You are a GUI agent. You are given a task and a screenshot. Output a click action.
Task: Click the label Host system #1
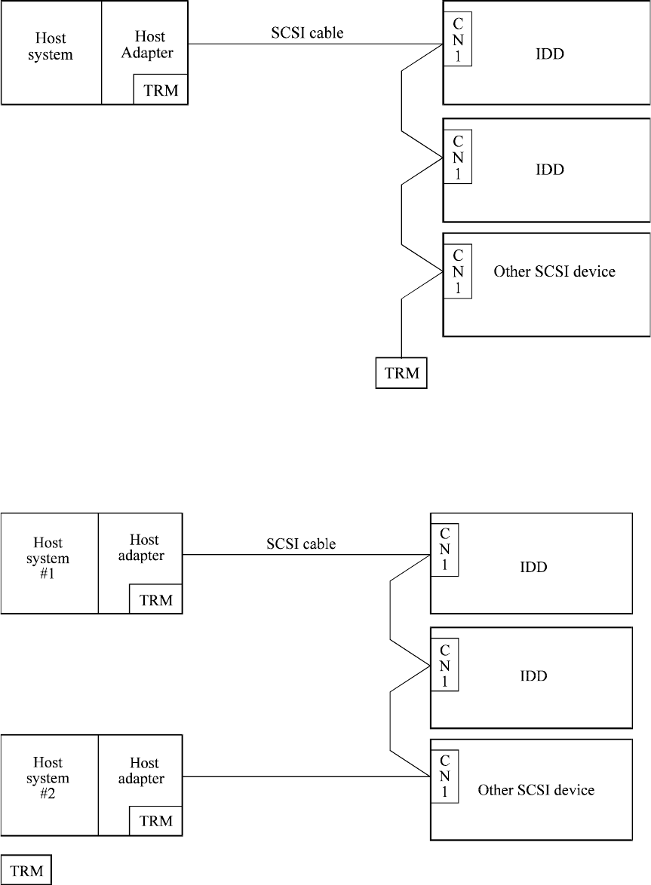49,559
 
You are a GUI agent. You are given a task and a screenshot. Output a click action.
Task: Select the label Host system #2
49,779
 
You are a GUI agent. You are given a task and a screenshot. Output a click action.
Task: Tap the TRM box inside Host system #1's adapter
156,599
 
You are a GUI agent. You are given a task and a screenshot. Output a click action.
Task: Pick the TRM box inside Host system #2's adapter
156,820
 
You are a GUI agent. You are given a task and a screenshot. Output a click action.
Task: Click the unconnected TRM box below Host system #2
26,870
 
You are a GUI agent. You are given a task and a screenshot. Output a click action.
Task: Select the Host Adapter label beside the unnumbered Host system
149,44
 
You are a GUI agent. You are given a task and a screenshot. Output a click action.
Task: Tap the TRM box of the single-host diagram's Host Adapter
161,90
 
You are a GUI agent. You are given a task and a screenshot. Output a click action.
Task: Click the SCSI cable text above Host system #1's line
301,544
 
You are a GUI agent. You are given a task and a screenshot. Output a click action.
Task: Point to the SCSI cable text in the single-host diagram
307,33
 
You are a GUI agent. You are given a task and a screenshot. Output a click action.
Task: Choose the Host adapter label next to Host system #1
144,548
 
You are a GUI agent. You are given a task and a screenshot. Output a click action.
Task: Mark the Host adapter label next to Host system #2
141,770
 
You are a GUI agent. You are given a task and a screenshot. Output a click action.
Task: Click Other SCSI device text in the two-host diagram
536,790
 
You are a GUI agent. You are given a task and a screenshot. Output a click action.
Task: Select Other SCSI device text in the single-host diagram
554,271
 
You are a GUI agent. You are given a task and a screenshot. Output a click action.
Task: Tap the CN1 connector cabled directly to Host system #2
444,776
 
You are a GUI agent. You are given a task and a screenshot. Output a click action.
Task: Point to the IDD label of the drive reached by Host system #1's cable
533,567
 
